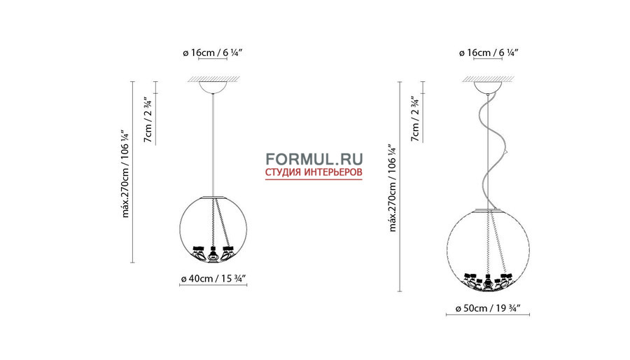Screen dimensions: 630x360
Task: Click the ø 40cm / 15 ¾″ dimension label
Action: point(213,278)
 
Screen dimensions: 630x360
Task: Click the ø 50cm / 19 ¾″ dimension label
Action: point(488,308)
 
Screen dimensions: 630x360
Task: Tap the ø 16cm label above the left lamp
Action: point(213,53)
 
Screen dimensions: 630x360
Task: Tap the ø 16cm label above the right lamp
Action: point(489,53)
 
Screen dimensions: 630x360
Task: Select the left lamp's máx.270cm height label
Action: point(126,174)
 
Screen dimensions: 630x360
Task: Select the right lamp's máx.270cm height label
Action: point(393,188)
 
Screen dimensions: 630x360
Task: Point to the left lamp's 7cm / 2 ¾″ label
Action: point(148,119)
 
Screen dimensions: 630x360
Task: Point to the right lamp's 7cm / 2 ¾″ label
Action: point(415,118)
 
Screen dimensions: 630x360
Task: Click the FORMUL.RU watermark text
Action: point(314,159)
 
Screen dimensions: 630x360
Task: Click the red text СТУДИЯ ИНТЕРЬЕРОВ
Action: point(314,172)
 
